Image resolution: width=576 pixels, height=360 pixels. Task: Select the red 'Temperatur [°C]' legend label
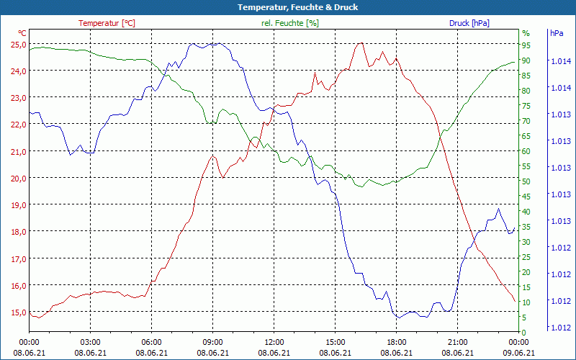click(107, 23)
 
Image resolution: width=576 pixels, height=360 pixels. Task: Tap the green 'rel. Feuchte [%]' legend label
click(290, 23)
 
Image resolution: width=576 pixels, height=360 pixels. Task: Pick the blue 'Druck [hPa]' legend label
click(469, 23)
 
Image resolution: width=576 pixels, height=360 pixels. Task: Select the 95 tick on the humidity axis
click(526, 45)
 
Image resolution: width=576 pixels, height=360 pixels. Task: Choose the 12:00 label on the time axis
click(274, 342)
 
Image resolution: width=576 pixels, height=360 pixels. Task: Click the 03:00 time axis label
click(90, 342)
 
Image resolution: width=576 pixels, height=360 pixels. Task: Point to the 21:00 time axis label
click(458, 342)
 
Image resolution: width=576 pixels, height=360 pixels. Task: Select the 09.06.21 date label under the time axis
click(519, 353)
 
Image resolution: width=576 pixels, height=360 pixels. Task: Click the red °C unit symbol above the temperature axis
click(22, 33)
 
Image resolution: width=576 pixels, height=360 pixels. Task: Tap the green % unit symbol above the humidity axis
click(526, 33)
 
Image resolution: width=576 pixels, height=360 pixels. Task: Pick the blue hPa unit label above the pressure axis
click(557, 33)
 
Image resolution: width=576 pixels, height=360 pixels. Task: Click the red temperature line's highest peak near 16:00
click(360, 43)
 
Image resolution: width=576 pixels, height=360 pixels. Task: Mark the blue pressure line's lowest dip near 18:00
click(397, 318)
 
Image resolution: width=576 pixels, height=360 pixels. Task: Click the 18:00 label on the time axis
click(397, 342)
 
